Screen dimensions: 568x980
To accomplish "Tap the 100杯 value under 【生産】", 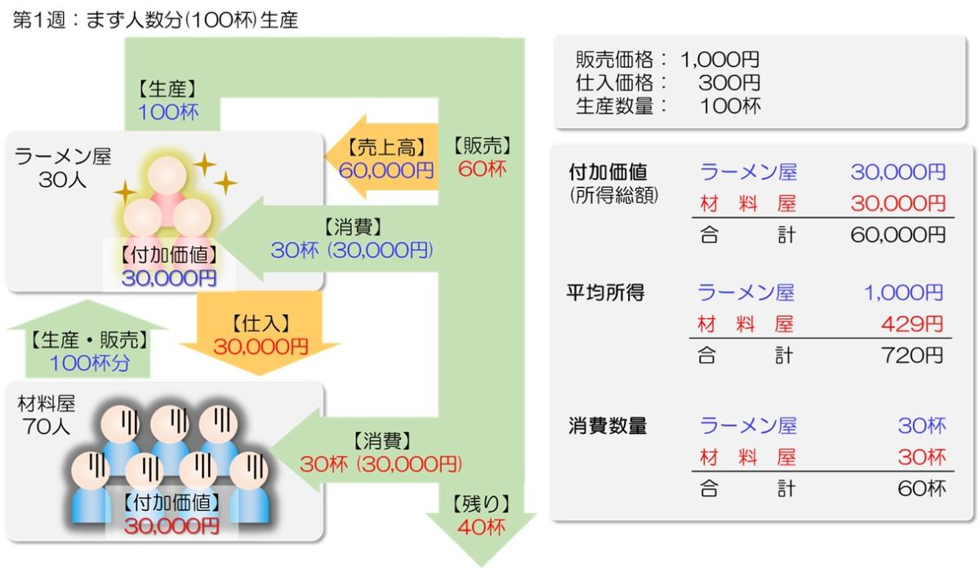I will coord(167,113).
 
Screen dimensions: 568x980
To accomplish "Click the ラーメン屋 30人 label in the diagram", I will coord(62,168).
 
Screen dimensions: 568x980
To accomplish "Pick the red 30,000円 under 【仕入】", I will coord(261,346).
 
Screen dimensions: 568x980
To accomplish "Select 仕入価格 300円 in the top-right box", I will coord(668,82).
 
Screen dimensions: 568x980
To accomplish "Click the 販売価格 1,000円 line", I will coord(668,60).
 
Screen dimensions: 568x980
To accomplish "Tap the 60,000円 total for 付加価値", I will coord(898,235).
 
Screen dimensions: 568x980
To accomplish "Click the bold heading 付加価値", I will coord(608,173).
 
